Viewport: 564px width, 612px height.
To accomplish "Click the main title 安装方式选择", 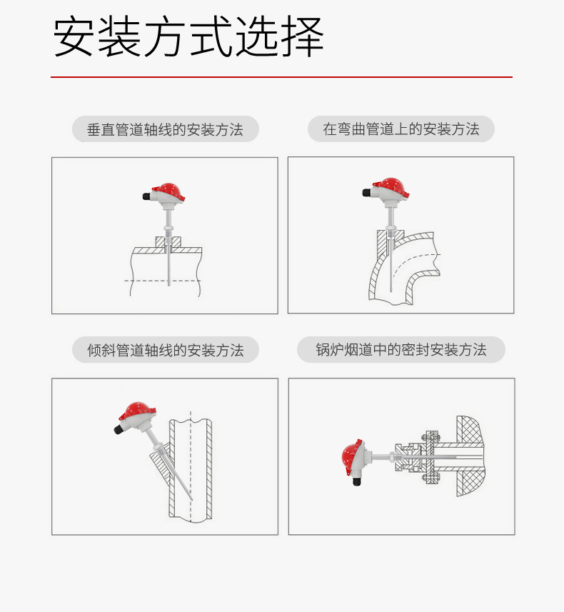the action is click(188, 36).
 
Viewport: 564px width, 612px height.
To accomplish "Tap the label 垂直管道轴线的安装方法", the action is click(165, 129).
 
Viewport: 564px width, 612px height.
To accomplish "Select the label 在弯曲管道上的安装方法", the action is click(401, 129).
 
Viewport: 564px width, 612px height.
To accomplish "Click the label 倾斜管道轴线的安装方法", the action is click(165, 350).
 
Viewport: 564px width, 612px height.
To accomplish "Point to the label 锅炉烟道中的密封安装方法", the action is click(401, 350).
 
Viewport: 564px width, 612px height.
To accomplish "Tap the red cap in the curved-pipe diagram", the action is click(393, 187).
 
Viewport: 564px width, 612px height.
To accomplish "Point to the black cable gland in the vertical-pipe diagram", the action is click(147, 196).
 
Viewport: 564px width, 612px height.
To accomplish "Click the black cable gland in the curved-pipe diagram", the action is click(367, 192).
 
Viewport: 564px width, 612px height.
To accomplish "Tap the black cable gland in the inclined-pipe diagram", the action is click(119, 428).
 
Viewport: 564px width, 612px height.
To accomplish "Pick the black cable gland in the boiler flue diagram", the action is click(356, 481).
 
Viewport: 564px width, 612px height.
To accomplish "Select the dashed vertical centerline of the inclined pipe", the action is click(191, 466).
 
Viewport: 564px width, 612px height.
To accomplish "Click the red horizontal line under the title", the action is click(281, 77).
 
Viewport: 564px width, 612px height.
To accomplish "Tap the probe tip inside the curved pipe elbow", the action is click(391, 291).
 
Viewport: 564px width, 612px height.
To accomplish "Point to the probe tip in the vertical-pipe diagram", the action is click(169, 284).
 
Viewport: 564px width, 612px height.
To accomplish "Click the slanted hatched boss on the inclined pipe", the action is click(161, 461).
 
